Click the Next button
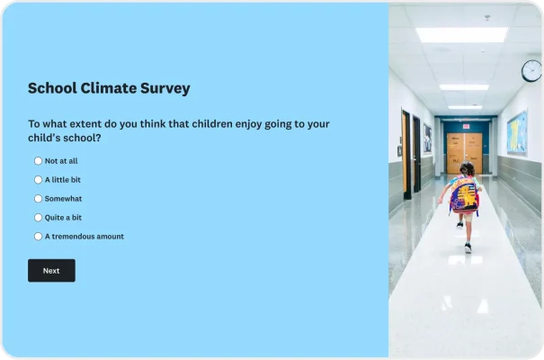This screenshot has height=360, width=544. click(51, 270)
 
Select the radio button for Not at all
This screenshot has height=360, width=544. click(38, 161)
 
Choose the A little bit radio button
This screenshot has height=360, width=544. click(38, 180)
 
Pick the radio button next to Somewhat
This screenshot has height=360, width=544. click(38, 199)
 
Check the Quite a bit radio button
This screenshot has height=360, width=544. click(38, 218)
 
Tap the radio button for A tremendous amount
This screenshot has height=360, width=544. click(38, 237)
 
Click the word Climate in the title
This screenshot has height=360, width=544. click(109, 88)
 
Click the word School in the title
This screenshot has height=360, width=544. click(51, 88)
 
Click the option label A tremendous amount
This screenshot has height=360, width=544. click(85, 237)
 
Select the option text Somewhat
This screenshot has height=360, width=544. click(63, 199)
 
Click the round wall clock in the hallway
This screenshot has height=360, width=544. click(531, 70)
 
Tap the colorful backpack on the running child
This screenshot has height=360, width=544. click(464, 195)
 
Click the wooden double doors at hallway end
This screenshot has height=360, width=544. click(464, 153)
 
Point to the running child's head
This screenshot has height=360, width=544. click(467, 169)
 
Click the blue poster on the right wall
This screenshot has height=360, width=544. click(516, 133)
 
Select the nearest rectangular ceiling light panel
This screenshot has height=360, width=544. click(461, 35)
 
